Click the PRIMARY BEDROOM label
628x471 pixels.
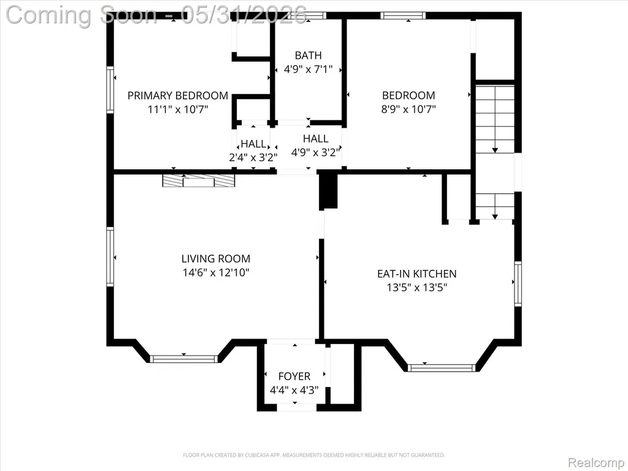coord(178,95)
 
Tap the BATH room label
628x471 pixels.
coord(308,55)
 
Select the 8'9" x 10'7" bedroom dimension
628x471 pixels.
coord(408,109)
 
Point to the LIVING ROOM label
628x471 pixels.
coord(216,259)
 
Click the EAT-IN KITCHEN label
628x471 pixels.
coord(417,274)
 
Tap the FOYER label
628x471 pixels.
coord(294,377)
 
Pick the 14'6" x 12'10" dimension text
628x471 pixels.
coord(216,273)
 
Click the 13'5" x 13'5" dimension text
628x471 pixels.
coord(417,288)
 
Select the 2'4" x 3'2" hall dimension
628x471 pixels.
coord(253,158)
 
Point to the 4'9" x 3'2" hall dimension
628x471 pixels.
coord(316,152)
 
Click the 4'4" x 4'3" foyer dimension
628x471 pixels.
coord(294,390)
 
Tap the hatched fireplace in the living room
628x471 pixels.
coord(199,181)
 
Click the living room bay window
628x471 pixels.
coord(184,359)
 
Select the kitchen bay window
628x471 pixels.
coord(442,368)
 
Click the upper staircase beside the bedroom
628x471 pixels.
coord(495,119)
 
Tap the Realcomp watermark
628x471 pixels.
coord(596,462)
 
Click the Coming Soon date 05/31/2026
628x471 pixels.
coord(244,15)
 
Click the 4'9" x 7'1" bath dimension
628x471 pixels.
coord(308,69)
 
